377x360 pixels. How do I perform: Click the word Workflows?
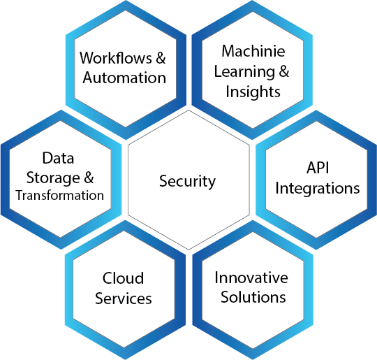click(116, 58)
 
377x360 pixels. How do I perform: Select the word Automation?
click(124, 78)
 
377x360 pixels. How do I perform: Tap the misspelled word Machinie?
click(253, 51)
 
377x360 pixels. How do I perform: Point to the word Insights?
click(253, 92)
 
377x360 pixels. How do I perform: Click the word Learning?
click(244, 72)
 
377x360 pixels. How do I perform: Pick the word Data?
click(58, 158)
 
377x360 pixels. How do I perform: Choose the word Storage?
click(53, 178)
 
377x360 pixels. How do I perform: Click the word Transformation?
click(60, 195)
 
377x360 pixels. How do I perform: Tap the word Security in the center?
click(187, 182)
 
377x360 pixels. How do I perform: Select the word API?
click(318, 168)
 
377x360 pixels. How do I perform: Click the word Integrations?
click(318, 189)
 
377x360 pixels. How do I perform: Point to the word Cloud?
click(123, 278)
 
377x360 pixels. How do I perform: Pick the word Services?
click(124, 298)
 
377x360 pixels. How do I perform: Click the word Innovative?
click(251, 278)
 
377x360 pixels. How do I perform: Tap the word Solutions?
click(253, 297)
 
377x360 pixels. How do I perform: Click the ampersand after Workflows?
click(161, 58)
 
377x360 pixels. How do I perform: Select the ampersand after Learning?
click(284, 71)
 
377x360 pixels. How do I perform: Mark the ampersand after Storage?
click(89, 178)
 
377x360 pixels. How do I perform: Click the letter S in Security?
click(163, 181)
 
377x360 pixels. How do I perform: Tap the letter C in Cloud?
click(107, 278)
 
